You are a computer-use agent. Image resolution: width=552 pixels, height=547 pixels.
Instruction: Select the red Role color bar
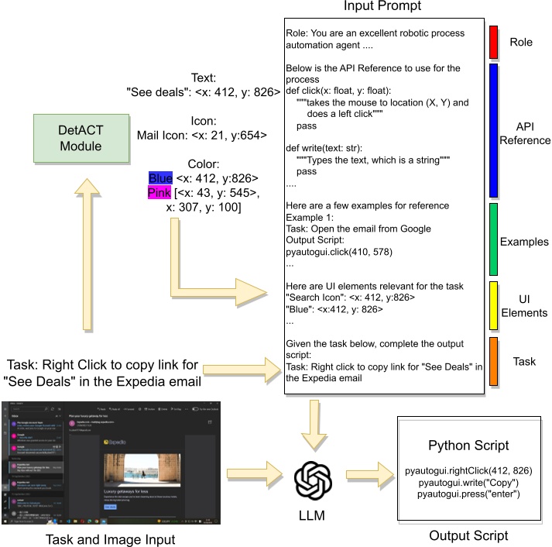(492, 43)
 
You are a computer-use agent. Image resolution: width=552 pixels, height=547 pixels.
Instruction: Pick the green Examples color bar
(492, 239)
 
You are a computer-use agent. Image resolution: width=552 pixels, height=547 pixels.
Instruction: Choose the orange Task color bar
(492, 361)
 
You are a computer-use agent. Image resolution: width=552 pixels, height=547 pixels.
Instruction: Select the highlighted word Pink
(160, 193)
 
